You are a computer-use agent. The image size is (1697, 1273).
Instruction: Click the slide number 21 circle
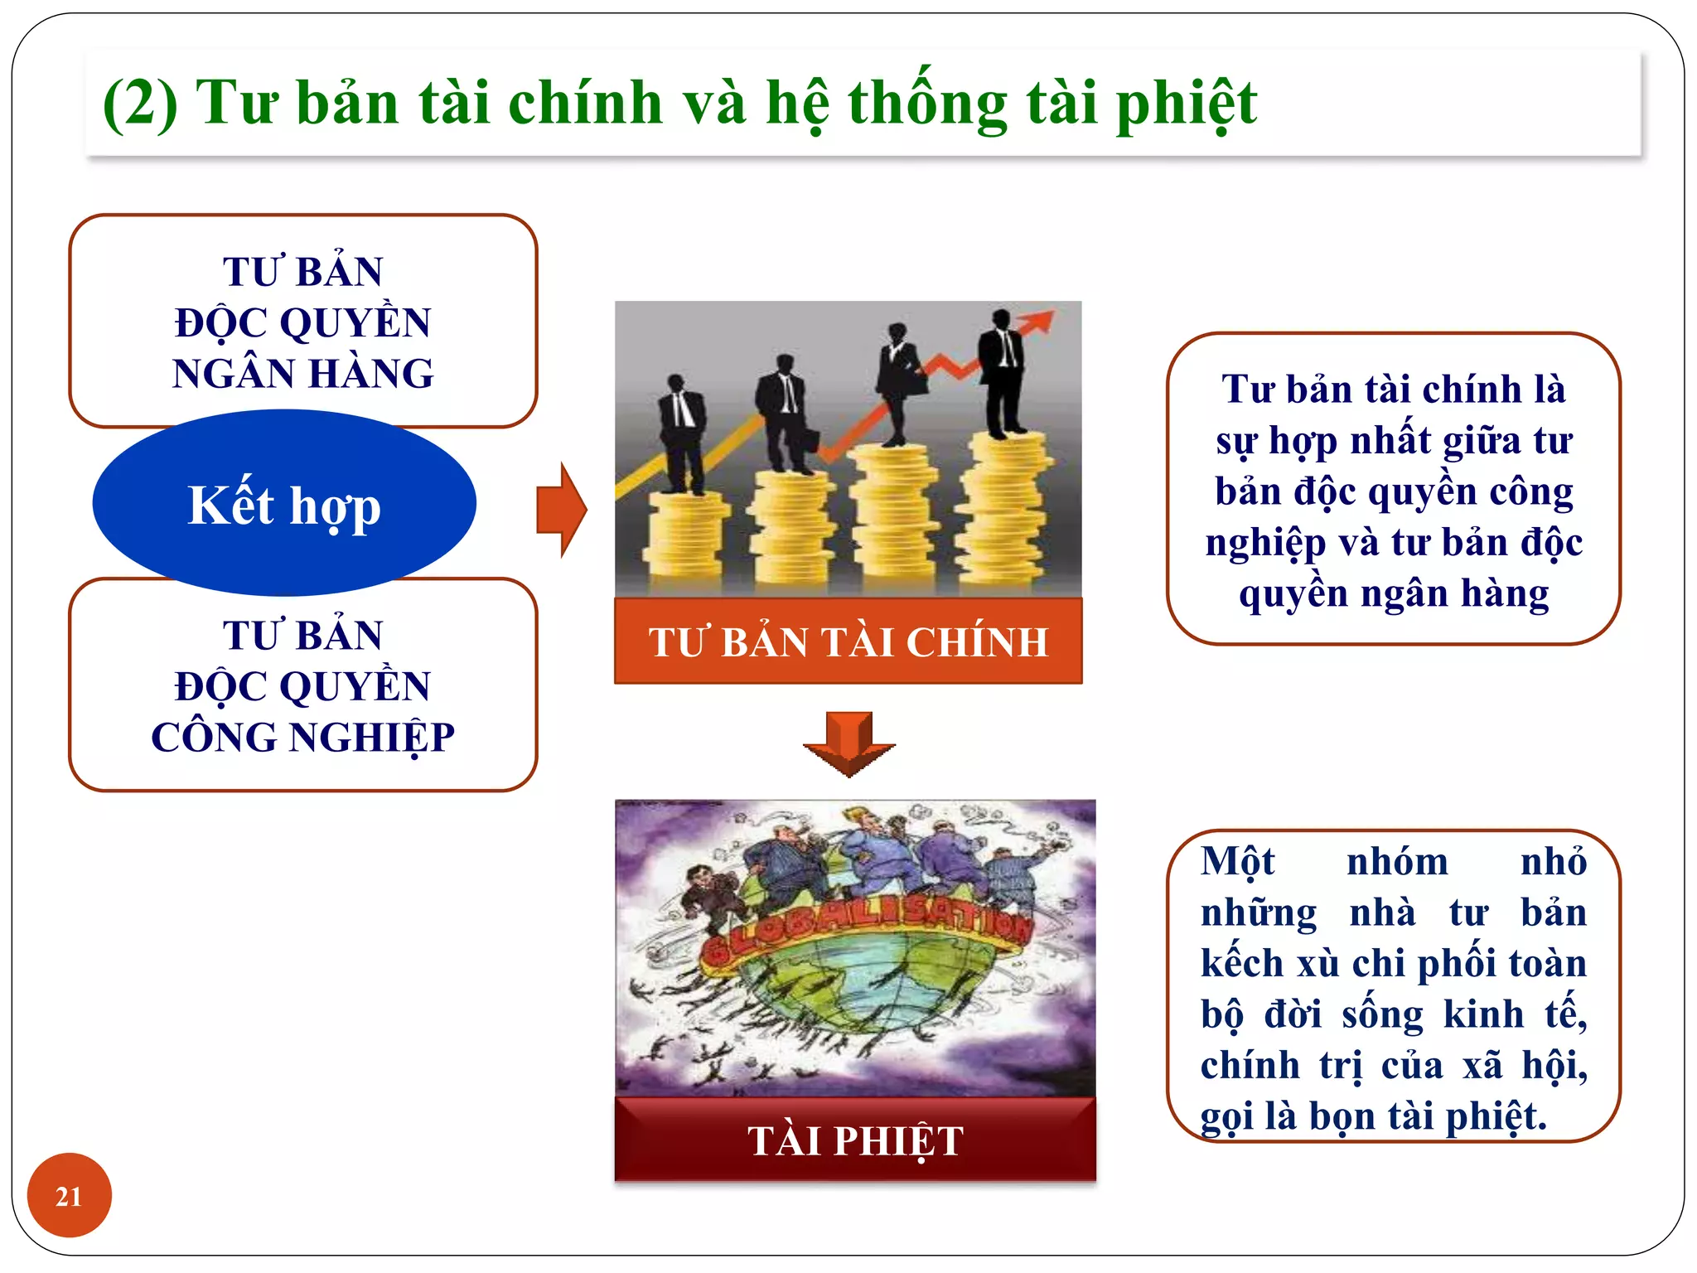click(69, 1195)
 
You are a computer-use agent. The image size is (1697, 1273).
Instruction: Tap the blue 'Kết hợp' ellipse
click(284, 504)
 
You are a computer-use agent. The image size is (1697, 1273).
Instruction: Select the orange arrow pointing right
click(562, 510)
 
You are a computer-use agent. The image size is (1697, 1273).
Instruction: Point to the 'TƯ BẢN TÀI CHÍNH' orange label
click(848, 641)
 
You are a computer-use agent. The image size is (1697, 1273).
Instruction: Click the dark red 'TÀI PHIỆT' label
click(855, 1140)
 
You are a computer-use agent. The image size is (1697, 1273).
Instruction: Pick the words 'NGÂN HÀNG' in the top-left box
click(303, 374)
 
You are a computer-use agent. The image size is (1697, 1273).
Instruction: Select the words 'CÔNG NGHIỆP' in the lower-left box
click(303, 738)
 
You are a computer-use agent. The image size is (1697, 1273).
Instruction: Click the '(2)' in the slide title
click(140, 103)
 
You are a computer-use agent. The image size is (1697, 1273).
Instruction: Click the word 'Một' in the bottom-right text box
click(1237, 862)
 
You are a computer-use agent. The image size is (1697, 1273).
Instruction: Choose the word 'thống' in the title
click(926, 104)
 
